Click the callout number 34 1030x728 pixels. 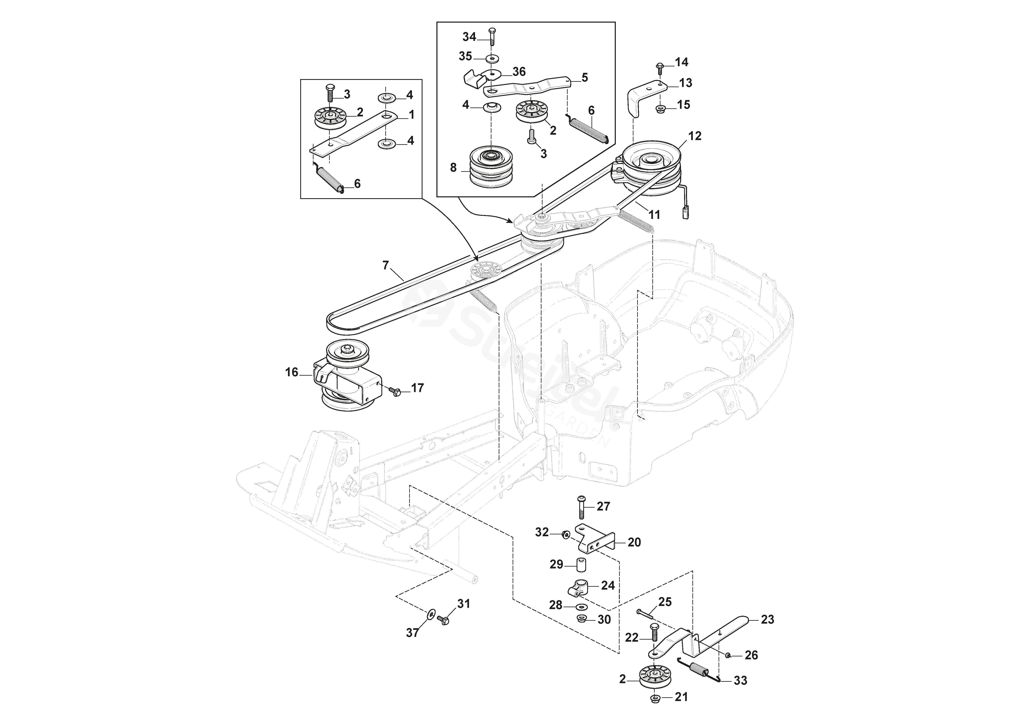pos(469,37)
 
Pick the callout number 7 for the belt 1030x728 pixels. pos(385,265)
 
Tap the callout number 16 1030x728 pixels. pos(291,372)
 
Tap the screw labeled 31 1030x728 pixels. pos(444,620)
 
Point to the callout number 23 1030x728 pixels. pos(768,619)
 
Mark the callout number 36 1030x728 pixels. pos(519,72)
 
